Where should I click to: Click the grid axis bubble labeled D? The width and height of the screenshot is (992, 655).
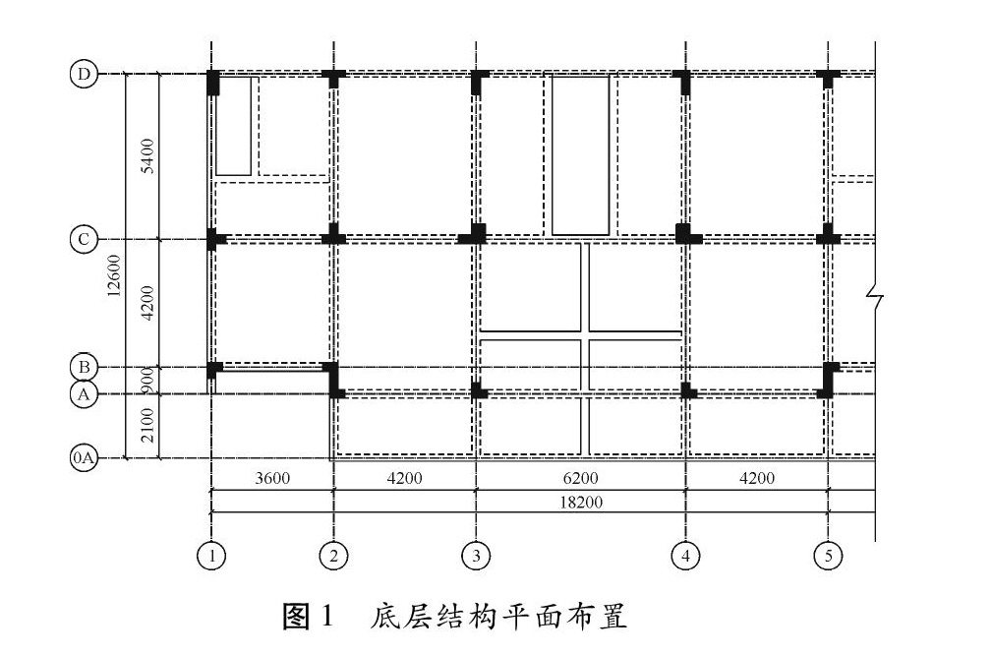click(x=85, y=75)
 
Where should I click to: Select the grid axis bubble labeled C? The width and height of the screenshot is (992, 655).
click(x=85, y=239)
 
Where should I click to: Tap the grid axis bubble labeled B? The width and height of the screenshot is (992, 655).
click(x=85, y=367)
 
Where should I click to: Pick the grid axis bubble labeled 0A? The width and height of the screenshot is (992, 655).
click(x=85, y=458)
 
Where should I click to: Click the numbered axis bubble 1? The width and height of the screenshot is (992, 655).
click(x=210, y=556)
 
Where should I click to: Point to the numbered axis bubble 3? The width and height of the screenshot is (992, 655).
click(x=476, y=556)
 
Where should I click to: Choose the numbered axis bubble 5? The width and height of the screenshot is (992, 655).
click(x=828, y=556)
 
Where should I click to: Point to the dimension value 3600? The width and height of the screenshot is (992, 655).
click(x=271, y=479)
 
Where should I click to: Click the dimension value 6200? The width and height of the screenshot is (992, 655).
click(x=580, y=479)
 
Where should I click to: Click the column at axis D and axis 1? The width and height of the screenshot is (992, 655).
click(x=213, y=82)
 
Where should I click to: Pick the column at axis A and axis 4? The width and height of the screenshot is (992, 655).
click(x=686, y=390)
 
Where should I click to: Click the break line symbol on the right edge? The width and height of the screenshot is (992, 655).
click(x=875, y=293)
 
